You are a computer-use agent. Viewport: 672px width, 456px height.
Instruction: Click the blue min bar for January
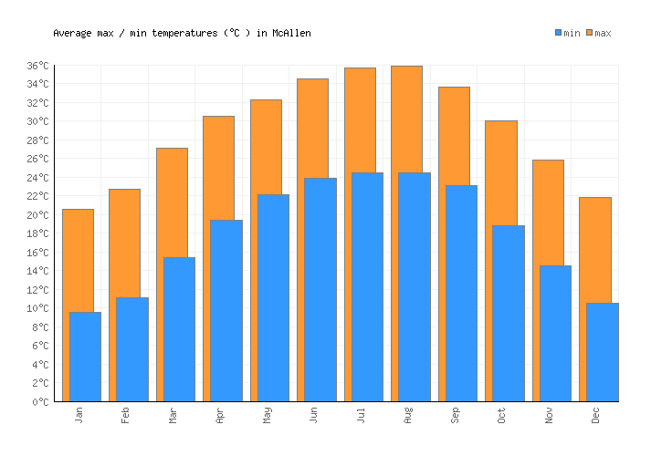click(x=85, y=357)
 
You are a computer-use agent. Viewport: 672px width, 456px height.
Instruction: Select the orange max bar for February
click(x=124, y=243)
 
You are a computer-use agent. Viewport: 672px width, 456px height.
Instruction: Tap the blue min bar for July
click(x=367, y=287)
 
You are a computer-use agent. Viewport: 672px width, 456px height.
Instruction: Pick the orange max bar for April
click(x=218, y=168)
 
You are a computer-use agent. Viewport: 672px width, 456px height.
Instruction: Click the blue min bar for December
click(x=602, y=352)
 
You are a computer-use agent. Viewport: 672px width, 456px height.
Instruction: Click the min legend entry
click(x=567, y=33)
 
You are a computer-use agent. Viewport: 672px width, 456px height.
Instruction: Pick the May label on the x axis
click(x=267, y=415)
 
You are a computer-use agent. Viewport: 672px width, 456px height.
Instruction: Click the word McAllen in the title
click(x=291, y=33)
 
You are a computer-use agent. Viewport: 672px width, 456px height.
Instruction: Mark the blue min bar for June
click(x=320, y=289)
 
